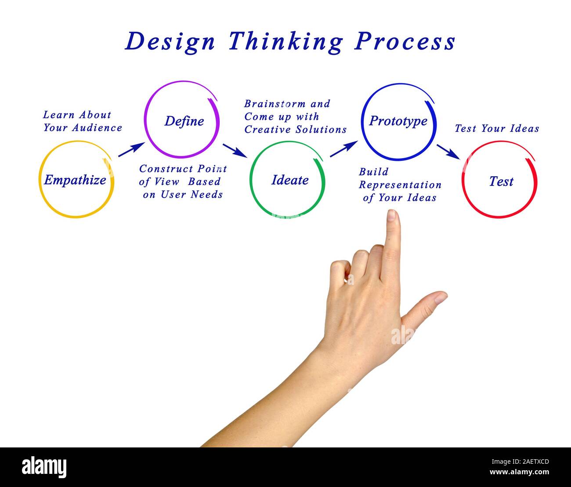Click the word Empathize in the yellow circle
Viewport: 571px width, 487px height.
tap(75, 180)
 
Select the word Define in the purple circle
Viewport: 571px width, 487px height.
tap(184, 121)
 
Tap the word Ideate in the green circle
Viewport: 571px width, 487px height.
tap(290, 180)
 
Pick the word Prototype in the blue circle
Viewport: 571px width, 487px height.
tap(398, 121)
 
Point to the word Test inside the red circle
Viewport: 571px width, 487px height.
tap(501, 181)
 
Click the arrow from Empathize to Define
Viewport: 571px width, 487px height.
tap(131, 149)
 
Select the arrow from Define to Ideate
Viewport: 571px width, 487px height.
tap(235, 150)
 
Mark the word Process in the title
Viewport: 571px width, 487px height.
tap(405, 42)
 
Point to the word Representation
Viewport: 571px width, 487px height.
tap(400, 185)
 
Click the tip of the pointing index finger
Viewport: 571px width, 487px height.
tap(392, 214)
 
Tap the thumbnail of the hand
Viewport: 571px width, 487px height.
tap(440, 298)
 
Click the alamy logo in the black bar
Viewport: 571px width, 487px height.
tap(44, 467)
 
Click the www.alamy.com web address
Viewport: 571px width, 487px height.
tap(519, 472)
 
